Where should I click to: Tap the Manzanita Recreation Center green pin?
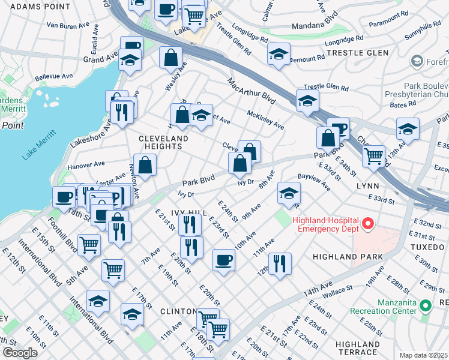426,306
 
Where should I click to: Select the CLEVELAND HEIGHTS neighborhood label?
163,142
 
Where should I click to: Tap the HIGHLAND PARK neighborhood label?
348,257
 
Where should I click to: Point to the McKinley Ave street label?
265,119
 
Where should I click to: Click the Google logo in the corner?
20,352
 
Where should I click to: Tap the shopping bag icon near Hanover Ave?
145,164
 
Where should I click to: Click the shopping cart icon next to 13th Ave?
374,156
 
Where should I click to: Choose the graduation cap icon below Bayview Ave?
289,193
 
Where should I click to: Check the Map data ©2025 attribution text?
424,355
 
